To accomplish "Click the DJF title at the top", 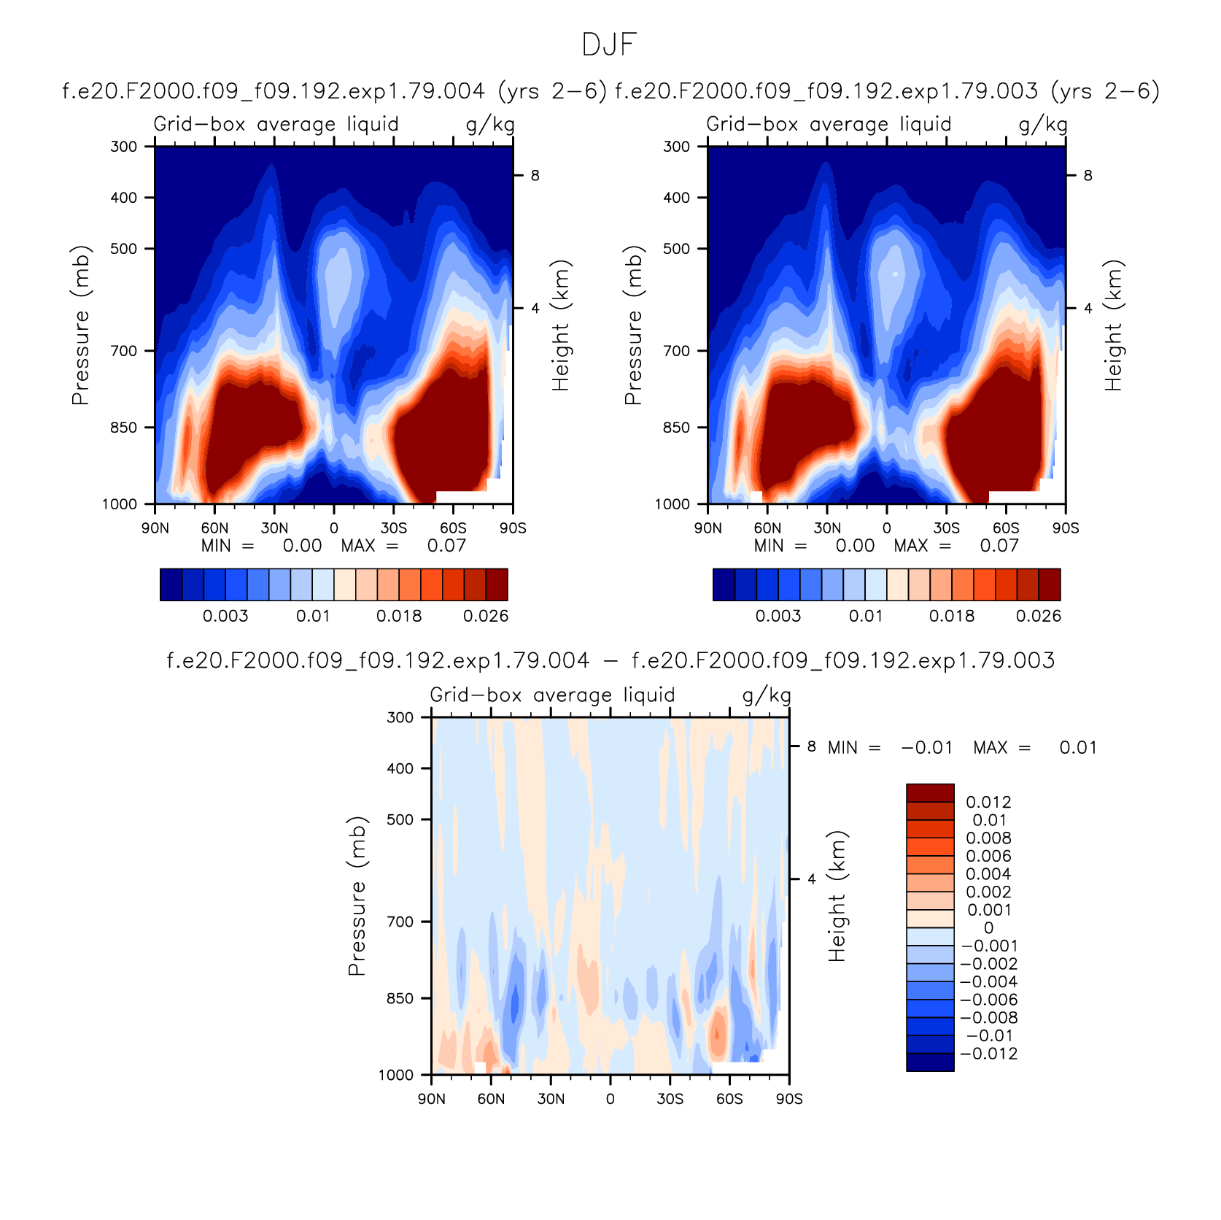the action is (610, 45).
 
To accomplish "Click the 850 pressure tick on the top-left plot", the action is (123, 428).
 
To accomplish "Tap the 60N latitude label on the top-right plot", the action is (767, 528).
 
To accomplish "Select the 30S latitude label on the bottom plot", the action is (670, 1099).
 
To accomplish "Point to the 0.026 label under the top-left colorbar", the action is (486, 616).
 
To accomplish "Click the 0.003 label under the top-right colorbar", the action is (778, 616).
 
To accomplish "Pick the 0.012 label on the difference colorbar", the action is (988, 802).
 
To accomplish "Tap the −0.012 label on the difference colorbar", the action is (988, 1054).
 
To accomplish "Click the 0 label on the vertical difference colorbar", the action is (988, 928).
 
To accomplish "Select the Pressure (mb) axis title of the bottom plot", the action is (356, 896).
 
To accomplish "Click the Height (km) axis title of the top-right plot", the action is (1113, 325).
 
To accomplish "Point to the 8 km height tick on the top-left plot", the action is (535, 175).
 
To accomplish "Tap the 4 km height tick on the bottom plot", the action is (811, 879).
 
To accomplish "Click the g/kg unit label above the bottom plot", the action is (767, 695).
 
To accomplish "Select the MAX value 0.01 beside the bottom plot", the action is (1078, 747).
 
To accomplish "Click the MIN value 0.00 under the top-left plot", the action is (303, 546).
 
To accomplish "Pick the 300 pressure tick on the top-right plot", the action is (676, 147).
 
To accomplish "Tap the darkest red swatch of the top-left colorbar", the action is (497, 584).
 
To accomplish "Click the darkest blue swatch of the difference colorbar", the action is (930, 1062).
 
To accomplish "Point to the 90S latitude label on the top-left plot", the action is (513, 528).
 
